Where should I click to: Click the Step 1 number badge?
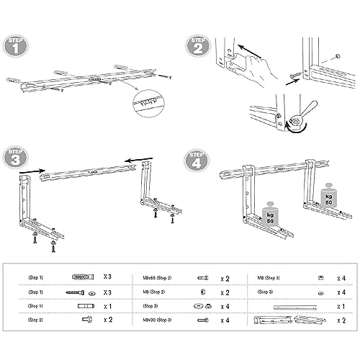[17, 48]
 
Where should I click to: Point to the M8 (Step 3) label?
[271, 276]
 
